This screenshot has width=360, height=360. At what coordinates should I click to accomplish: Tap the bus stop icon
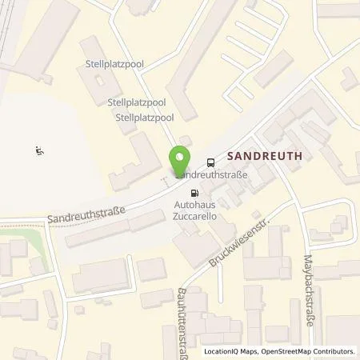[x=210, y=160]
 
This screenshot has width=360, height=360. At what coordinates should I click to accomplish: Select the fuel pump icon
[x=194, y=193]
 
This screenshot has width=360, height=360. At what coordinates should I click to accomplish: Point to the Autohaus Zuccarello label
[x=195, y=210]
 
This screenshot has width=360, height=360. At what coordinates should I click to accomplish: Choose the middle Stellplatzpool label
[x=136, y=102]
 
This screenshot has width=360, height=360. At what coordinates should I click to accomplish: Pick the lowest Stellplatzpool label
[x=145, y=118]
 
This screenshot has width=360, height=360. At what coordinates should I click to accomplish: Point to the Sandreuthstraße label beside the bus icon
[x=213, y=174]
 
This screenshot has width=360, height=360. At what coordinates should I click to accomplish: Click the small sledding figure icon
[x=39, y=150]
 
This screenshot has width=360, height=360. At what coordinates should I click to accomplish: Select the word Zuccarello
[x=195, y=215]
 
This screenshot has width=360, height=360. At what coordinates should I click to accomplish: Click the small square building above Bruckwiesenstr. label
[x=255, y=215]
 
